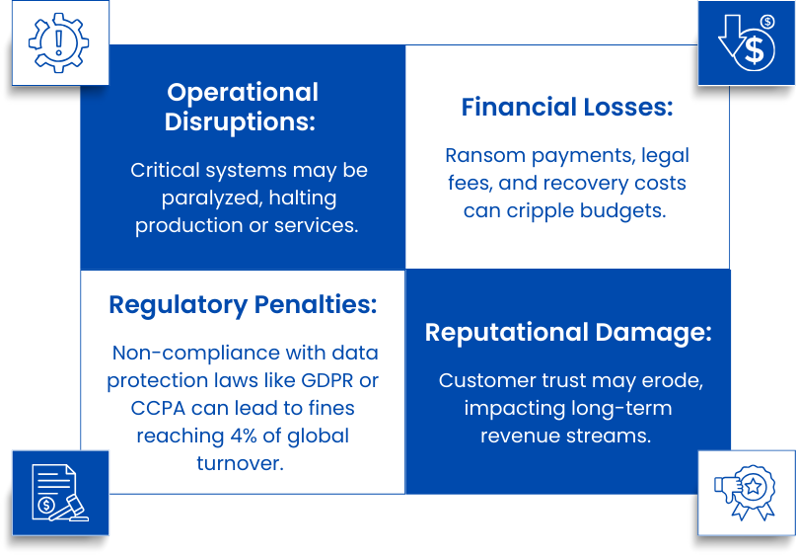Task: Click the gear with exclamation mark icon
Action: (58, 42)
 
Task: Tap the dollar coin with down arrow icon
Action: (747, 43)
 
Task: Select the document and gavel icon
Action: (59, 492)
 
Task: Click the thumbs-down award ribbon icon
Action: (746, 492)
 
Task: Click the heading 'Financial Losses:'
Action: (567, 108)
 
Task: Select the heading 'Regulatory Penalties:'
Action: (243, 304)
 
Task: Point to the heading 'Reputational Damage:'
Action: (567, 332)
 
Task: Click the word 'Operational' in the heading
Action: (243, 92)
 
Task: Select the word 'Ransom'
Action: (480, 155)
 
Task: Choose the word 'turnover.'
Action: (243, 463)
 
